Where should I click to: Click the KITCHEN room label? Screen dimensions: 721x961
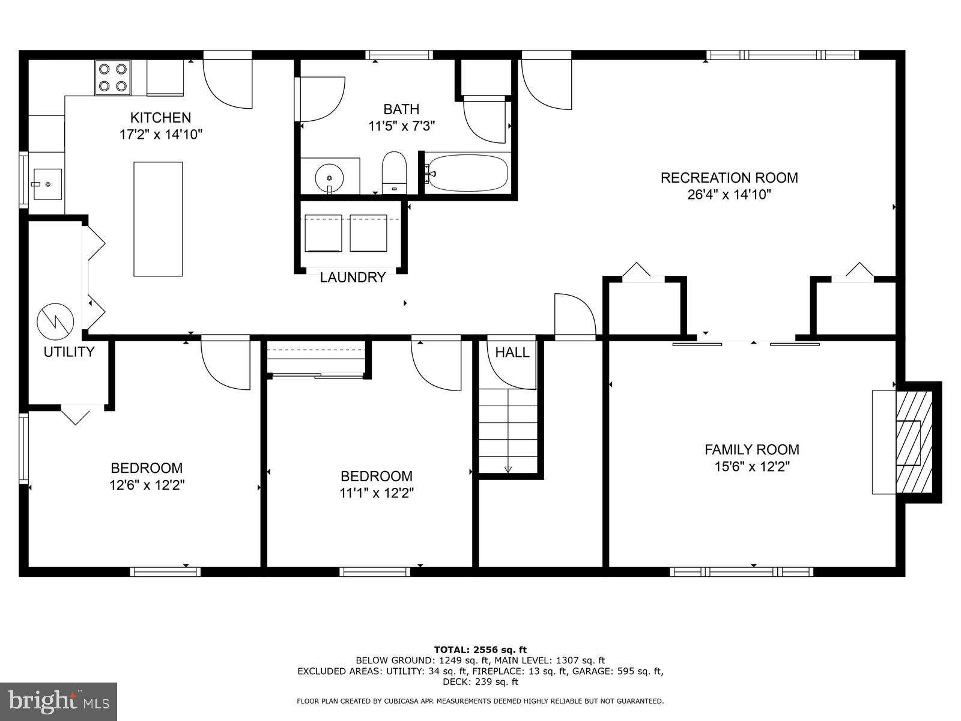pos(161,118)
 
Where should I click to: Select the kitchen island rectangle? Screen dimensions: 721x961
pos(158,219)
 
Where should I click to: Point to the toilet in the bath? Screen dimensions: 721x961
pos(395,172)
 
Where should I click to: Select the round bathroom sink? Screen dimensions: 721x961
pos(329,177)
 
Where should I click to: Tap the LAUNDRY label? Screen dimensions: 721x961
pos(353,278)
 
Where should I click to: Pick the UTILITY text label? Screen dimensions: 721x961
pos(69,352)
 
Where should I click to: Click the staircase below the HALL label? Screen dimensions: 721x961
pos(508,431)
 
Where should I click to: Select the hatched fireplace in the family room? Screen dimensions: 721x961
pos(914,443)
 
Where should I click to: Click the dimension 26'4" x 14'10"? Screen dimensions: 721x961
pos(729,195)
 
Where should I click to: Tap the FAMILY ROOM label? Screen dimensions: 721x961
pos(751,449)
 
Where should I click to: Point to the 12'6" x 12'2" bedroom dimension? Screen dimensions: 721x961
pos(147,485)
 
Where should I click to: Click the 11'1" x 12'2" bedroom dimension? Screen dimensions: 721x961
pos(377,493)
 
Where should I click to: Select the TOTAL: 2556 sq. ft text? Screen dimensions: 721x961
pos(480,650)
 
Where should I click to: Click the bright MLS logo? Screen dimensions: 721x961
pos(59,701)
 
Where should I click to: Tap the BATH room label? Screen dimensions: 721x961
pos(401,109)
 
